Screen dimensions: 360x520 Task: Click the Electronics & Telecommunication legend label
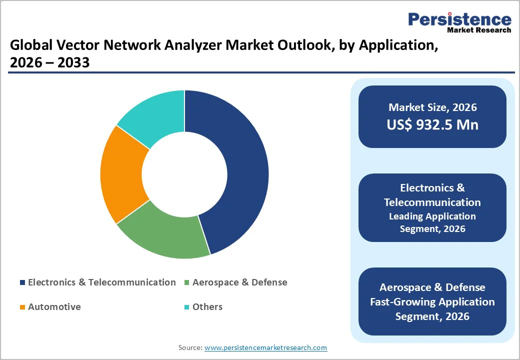tap(101, 282)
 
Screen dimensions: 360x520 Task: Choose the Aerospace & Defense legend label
tap(239, 282)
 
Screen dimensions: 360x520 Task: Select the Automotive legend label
tap(54, 307)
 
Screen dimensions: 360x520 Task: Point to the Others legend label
tap(207, 307)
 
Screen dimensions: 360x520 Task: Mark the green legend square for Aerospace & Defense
tap(187, 283)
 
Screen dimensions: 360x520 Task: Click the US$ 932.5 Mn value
tap(432, 124)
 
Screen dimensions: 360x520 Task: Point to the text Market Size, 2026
tap(432, 107)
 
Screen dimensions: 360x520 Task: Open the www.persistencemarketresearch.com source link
tap(265, 347)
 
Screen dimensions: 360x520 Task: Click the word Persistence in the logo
tap(459, 19)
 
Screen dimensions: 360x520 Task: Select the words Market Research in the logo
tap(478, 30)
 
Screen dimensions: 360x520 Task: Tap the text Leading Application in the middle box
tap(432, 216)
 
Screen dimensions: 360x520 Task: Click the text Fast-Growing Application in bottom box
tap(432, 302)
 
